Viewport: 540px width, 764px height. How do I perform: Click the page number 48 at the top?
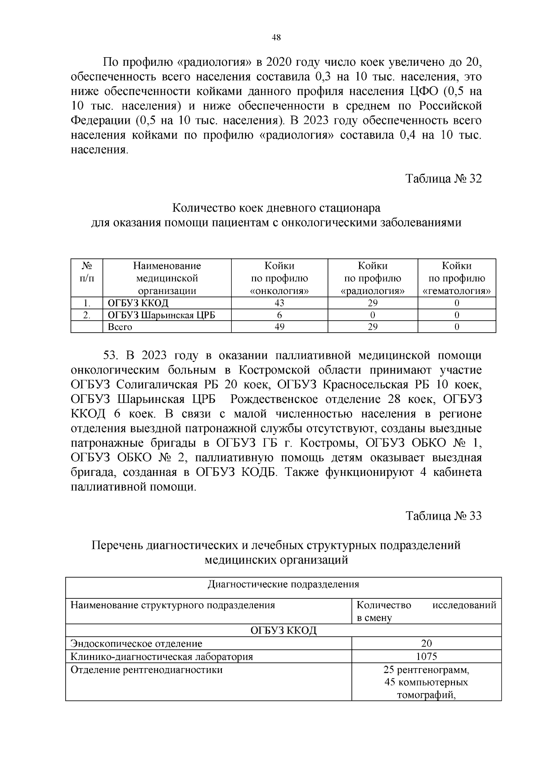[276, 38]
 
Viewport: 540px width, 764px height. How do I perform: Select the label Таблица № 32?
[443, 179]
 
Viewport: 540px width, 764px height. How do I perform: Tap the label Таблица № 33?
[443, 515]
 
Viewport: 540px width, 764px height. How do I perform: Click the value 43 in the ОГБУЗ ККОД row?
[279, 303]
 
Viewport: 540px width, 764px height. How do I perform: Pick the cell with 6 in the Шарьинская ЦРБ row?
[279, 315]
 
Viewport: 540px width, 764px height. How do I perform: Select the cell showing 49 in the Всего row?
[279, 327]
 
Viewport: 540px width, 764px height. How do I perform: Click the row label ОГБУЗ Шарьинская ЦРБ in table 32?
[161, 315]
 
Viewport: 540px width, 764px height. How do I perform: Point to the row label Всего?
[120, 327]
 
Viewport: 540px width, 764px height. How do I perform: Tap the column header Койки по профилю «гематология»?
[456, 278]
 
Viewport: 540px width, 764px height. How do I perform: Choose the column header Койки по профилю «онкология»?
[279, 278]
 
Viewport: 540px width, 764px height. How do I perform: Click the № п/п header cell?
[87, 272]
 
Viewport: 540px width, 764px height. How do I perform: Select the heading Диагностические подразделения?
[283, 584]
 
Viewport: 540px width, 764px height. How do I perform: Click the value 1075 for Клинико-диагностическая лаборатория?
[426, 656]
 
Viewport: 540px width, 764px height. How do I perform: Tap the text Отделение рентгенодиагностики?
[146, 669]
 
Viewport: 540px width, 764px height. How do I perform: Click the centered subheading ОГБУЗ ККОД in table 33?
[283, 630]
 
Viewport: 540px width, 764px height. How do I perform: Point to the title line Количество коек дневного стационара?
[276, 208]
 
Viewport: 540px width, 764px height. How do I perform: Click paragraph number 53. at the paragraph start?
[111, 356]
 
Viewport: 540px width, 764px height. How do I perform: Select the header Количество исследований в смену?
[426, 611]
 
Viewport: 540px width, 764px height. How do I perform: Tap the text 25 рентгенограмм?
[426, 669]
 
